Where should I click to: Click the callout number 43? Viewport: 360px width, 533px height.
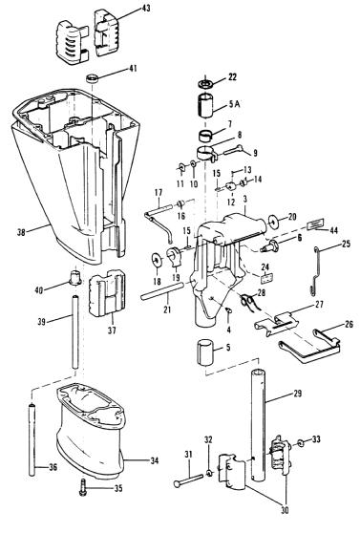tap(145, 9)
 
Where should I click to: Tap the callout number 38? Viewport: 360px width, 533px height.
tap(21, 232)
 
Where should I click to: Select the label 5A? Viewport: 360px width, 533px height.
tap(234, 104)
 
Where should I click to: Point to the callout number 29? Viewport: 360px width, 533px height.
tap(297, 394)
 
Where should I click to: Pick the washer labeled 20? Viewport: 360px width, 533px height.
tap(274, 222)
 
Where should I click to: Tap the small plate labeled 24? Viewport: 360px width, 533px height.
tap(267, 278)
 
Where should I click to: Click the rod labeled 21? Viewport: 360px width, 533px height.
tap(162, 291)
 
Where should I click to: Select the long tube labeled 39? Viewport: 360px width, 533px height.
tap(75, 332)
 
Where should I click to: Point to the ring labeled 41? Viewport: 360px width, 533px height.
tap(92, 78)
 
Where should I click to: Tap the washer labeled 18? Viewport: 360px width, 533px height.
tap(157, 260)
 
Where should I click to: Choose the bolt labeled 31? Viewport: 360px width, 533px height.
tap(188, 480)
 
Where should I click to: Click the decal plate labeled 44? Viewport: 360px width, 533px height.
tap(315, 224)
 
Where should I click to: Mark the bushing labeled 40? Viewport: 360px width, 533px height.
tap(75, 277)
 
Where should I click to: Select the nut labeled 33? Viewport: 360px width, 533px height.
tap(301, 443)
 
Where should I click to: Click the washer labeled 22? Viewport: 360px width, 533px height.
tap(205, 83)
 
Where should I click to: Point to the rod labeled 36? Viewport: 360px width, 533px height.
tap(32, 439)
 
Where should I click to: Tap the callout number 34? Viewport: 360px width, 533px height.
tap(155, 461)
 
